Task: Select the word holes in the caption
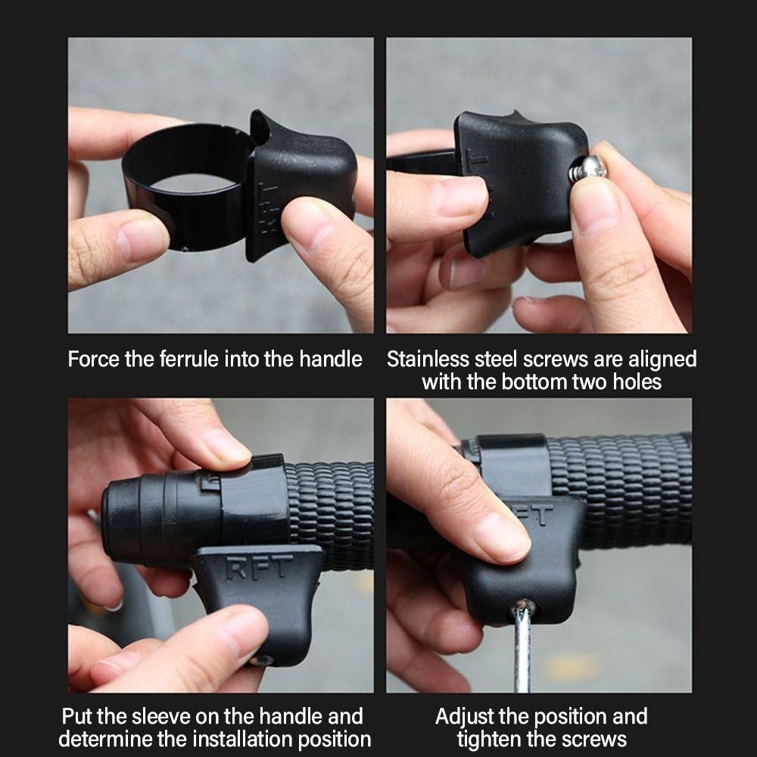tap(637, 382)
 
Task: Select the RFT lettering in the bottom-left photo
tap(259, 565)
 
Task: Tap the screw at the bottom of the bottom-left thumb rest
tap(262, 660)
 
